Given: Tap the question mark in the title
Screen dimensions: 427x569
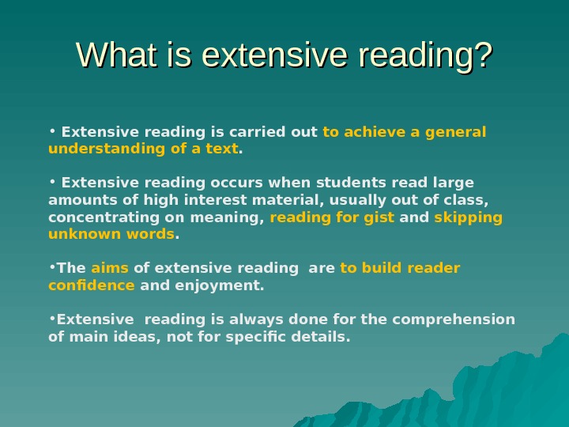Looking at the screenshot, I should click(481, 56).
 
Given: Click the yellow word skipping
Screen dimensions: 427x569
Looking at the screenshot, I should click(469, 217).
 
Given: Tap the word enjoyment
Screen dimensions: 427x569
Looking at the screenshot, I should click(224, 285).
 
